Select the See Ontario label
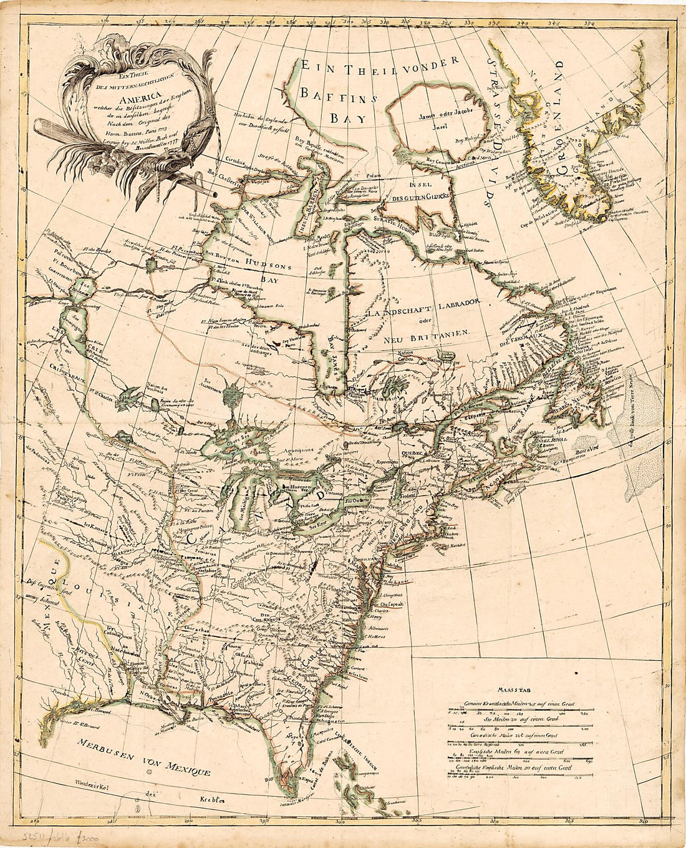click(x=358, y=501)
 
